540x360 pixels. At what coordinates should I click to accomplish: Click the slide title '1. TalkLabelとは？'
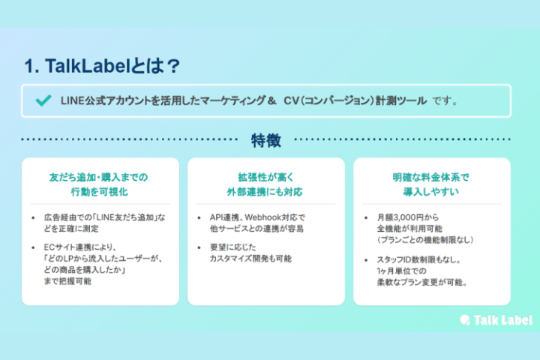(x=102, y=66)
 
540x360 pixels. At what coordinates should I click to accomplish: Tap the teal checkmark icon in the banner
(x=40, y=100)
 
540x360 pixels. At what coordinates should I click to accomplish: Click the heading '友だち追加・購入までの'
(x=98, y=177)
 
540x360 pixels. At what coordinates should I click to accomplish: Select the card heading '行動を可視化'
(x=98, y=192)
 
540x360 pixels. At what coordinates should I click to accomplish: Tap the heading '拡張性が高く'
(x=265, y=177)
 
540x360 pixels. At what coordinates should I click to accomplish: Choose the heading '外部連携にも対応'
(x=265, y=192)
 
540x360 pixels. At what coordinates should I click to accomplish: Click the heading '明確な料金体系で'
(x=430, y=177)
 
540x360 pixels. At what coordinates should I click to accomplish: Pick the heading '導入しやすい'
(x=430, y=192)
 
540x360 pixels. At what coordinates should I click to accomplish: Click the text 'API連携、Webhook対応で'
(x=257, y=217)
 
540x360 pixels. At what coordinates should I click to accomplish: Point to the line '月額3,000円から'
(x=406, y=217)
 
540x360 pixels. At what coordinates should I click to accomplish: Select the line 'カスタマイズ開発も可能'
(x=250, y=259)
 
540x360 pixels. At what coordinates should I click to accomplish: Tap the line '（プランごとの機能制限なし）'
(x=423, y=239)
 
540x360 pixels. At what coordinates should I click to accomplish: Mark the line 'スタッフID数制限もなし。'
(x=418, y=259)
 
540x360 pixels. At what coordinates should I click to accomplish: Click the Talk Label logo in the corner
(x=496, y=319)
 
